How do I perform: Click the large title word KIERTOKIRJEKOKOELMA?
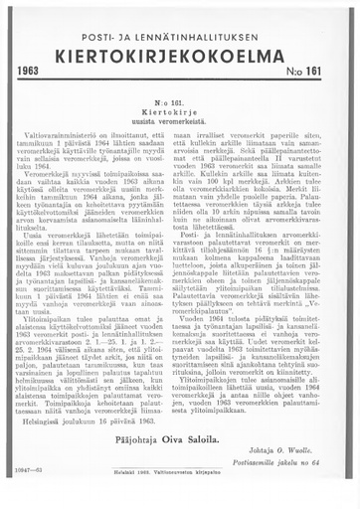[180, 52]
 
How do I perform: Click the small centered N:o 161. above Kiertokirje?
[180, 101]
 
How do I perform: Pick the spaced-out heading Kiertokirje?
[180, 110]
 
